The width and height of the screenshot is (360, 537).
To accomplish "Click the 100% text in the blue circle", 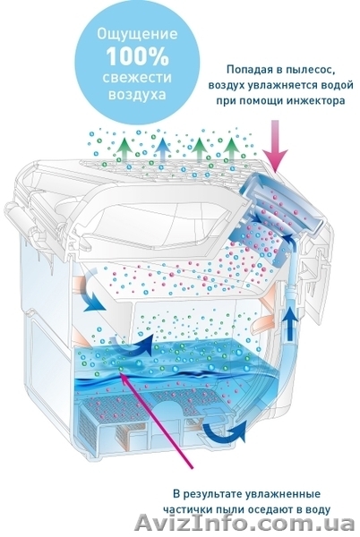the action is (138, 56).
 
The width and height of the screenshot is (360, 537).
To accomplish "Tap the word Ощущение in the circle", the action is (138, 35).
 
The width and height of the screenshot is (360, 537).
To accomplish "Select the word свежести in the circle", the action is (138, 77).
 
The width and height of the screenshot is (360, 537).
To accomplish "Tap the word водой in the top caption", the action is (337, 85).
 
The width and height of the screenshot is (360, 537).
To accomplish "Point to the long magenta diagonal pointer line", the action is (156, 420).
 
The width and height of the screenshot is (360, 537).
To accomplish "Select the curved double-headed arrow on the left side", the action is (90, 290).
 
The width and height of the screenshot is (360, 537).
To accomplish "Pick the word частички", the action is (185, 509).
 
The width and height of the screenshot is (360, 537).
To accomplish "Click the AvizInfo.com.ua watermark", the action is (245, 524).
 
